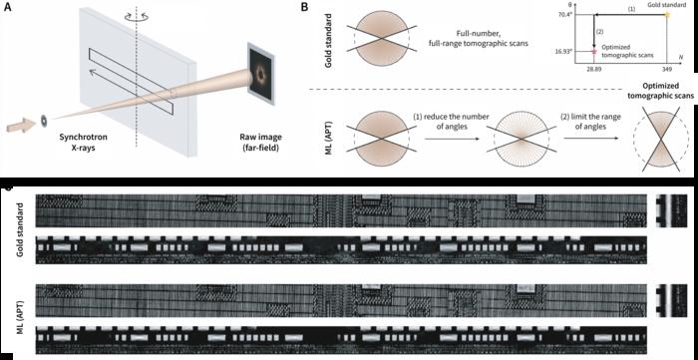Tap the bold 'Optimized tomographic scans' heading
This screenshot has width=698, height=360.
pos(654,98)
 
